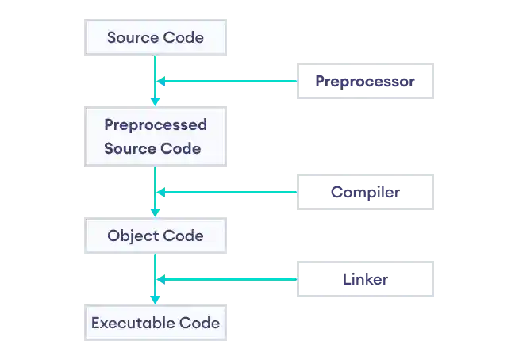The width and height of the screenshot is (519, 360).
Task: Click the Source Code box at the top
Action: coord(156,37)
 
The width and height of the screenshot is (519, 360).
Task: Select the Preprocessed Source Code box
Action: coord(156,136)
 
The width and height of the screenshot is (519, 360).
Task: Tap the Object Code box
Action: coord(156,236)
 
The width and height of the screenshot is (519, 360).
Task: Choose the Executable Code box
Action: coord(156,324)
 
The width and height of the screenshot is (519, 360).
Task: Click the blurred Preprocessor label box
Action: coord(364,79)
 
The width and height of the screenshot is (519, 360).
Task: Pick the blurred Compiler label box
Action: coord(364,192)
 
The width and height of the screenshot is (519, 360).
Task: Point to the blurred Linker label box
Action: coord(364,279)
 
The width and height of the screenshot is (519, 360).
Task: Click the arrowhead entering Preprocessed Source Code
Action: coord(156,101)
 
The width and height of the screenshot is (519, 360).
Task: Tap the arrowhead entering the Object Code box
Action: coord(156,212)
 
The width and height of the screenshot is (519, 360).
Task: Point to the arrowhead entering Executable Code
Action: coord(156,299)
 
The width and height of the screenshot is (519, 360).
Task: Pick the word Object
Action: coord(133,236)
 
